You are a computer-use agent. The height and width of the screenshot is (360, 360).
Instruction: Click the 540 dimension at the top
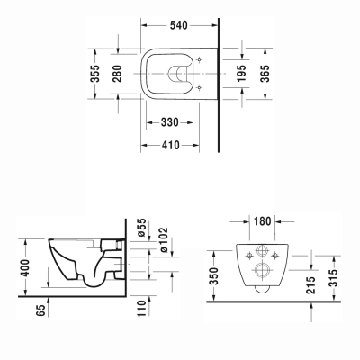(180, 26)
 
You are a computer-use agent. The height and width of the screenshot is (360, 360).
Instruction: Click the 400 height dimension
(27, 266)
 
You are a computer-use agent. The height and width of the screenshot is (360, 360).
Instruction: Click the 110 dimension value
(141, 310)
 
